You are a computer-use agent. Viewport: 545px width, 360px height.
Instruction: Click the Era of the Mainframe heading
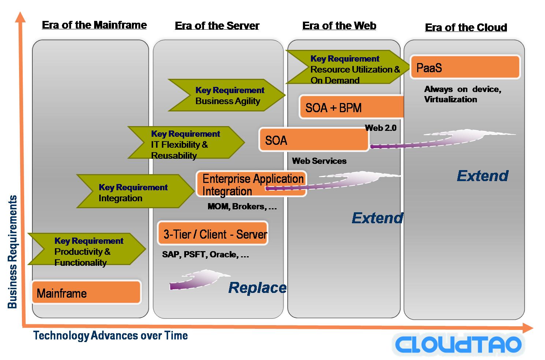click(94, 25)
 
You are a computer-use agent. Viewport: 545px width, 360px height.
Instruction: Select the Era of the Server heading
click(217, 26)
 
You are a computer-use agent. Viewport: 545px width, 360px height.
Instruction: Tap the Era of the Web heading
click(339, 26)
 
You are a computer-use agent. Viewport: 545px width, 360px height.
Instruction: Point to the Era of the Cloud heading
click(466, 27)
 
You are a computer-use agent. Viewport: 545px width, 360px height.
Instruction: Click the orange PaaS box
click(465, 67)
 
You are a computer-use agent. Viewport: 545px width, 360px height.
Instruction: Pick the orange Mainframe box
click(86, 293)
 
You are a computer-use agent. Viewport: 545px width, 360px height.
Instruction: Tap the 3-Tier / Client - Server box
click(213, 234)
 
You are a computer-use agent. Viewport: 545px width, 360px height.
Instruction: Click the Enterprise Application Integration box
click(251, 184)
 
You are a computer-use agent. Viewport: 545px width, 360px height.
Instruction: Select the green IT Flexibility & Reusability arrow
click(186, 143)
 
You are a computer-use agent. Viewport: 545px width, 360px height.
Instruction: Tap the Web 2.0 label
click(381, 128)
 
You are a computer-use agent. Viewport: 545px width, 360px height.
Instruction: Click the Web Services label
click(319, 161)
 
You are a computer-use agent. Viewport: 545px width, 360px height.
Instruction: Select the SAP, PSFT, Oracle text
click(205, 254)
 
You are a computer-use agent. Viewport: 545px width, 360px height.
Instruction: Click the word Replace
click(257, 288)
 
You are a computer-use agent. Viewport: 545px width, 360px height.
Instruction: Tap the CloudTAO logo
click(458, 344)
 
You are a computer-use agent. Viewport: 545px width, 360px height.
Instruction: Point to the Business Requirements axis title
click(12, 252)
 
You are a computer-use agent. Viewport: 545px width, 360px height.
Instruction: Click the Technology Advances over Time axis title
click(111, 335)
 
